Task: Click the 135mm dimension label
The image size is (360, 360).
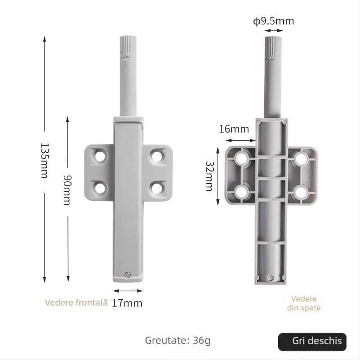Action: (x=44, y=161)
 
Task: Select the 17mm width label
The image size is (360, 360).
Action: (x=127, y=303)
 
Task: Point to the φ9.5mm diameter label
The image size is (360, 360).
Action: (x=274, y=21)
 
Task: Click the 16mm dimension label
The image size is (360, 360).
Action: (x=234, y=129)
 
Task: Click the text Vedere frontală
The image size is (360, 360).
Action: (x=76, y=303)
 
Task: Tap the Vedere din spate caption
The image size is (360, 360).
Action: (x=304, y=303)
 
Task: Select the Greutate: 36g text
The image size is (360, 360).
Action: (x=177, y=340)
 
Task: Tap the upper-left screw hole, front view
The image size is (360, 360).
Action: (x=100, y=156)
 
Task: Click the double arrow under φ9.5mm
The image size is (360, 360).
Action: (x=274, y=31)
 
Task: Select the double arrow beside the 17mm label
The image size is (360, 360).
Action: (x=128, y=291)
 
